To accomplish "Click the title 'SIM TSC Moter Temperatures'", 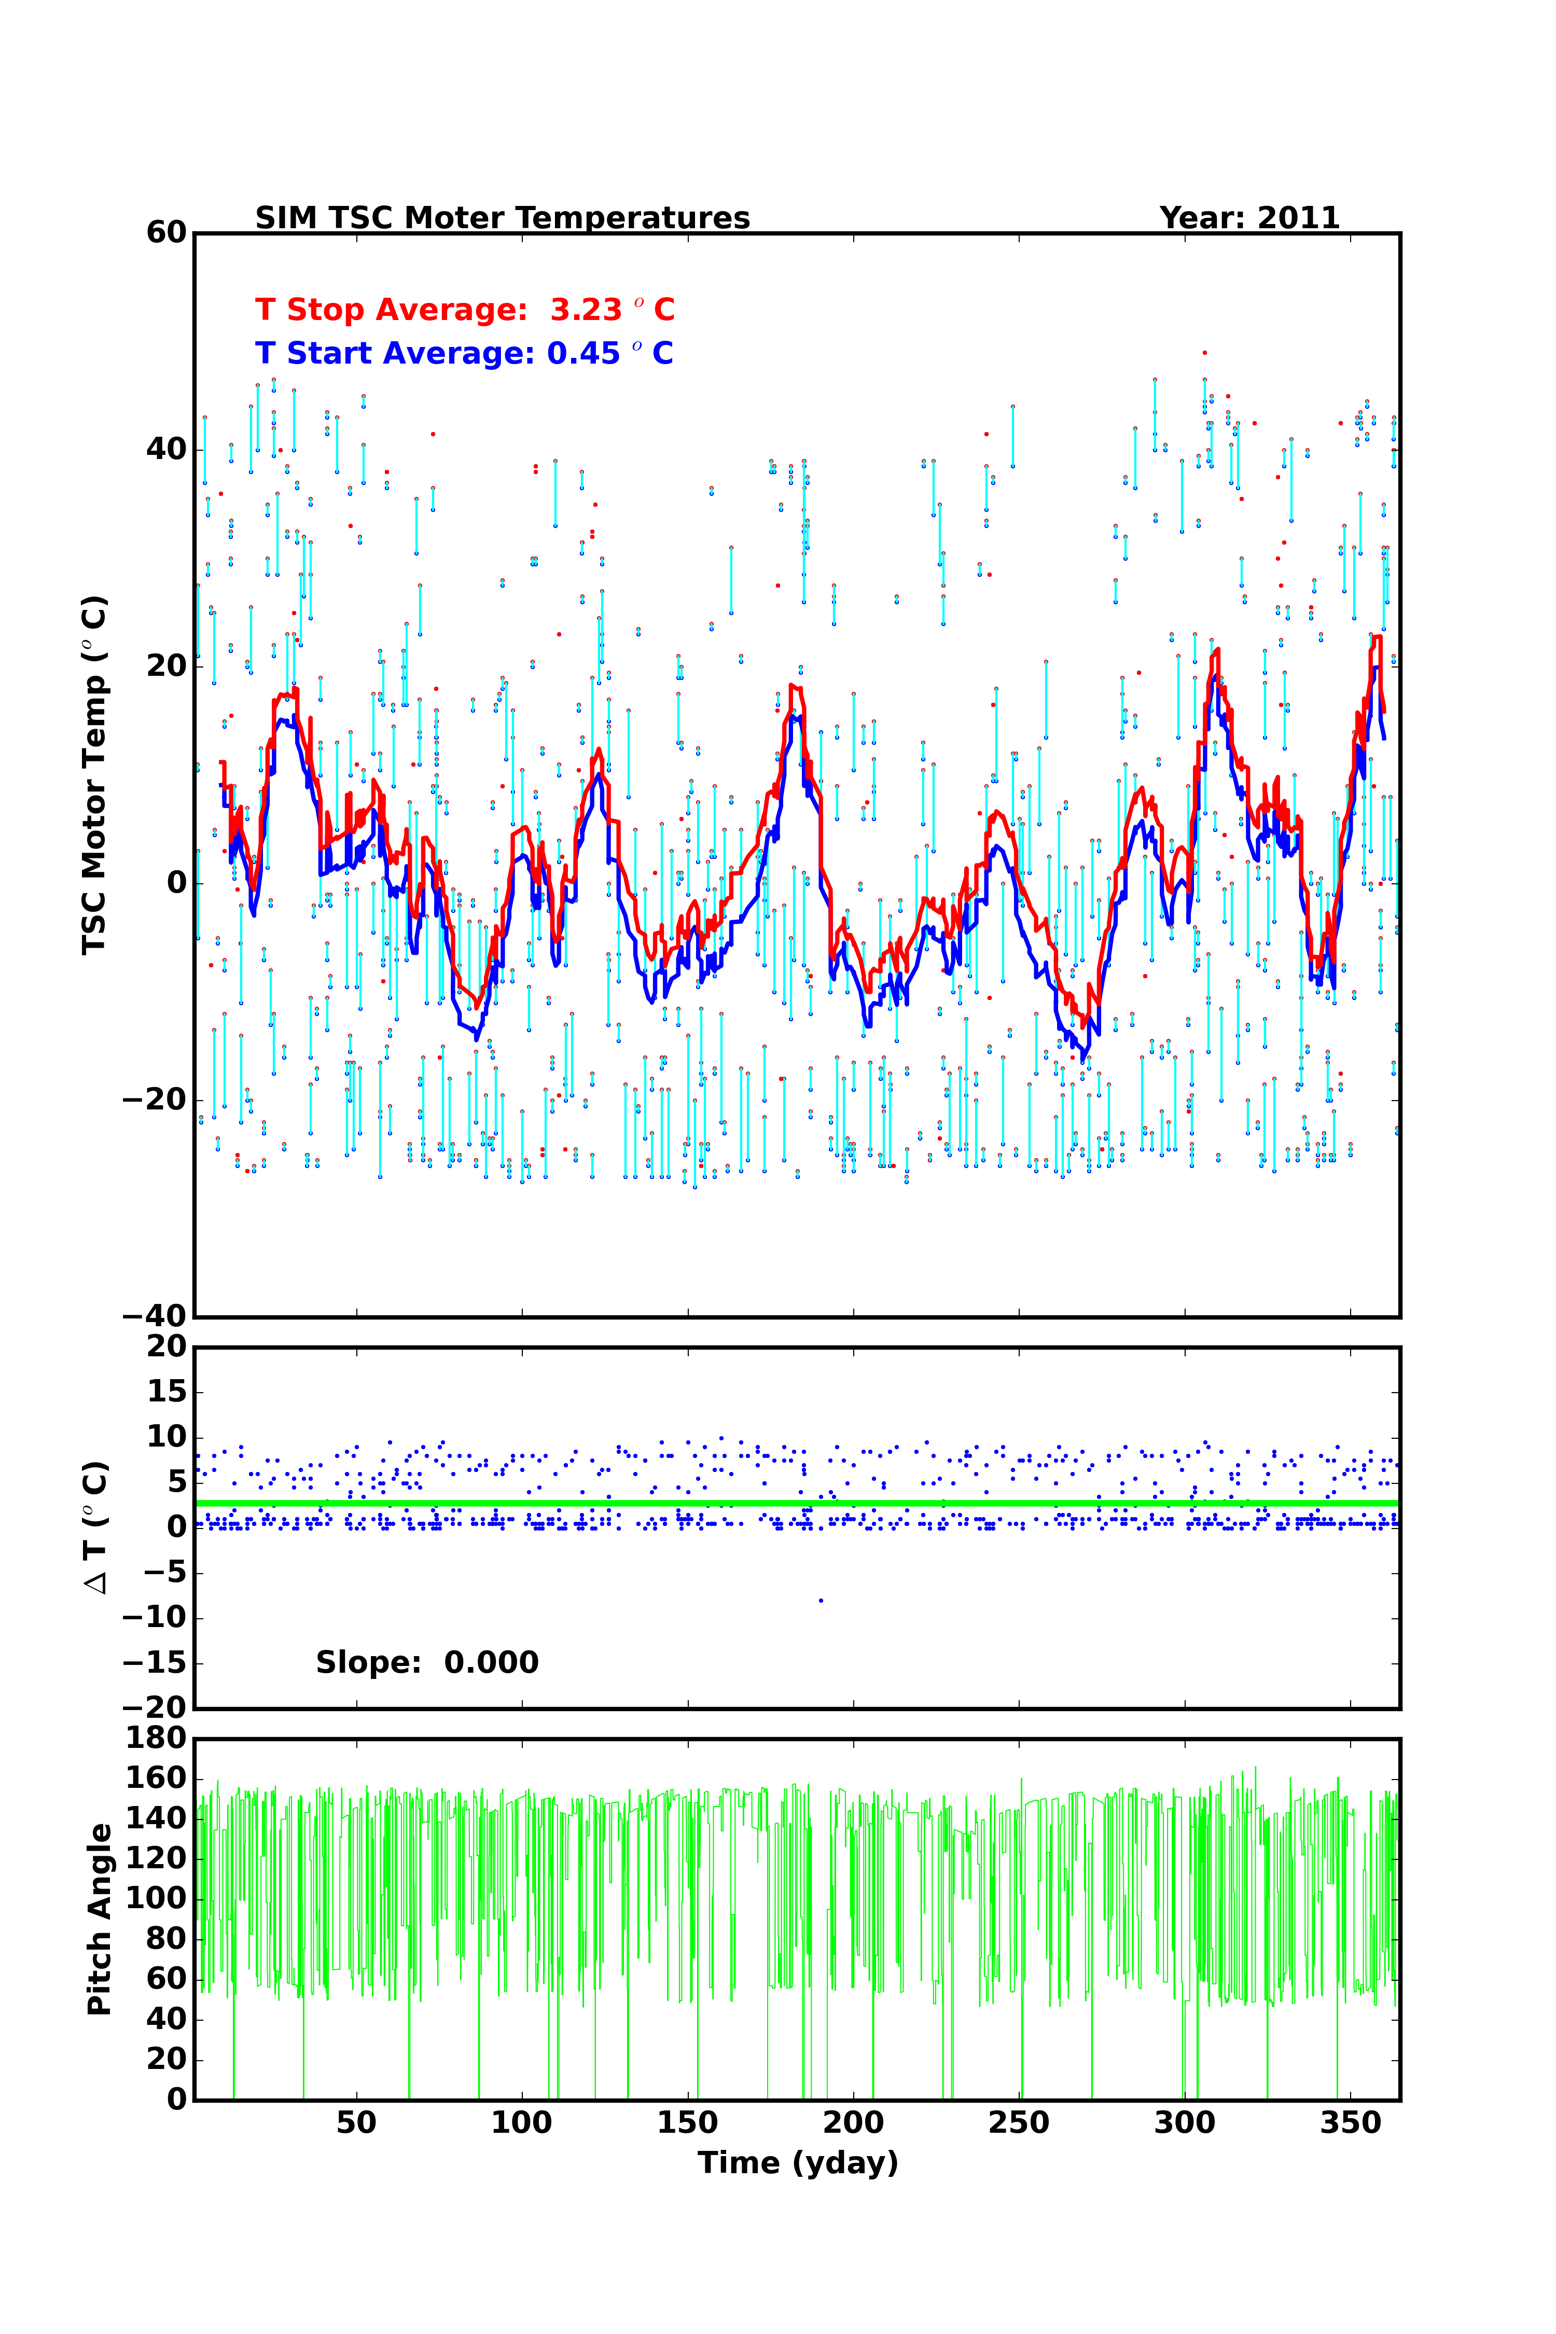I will (x=502, y=218).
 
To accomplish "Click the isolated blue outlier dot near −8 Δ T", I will (x=821, y=1601).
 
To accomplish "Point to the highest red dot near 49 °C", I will (x=1205, y=352).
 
